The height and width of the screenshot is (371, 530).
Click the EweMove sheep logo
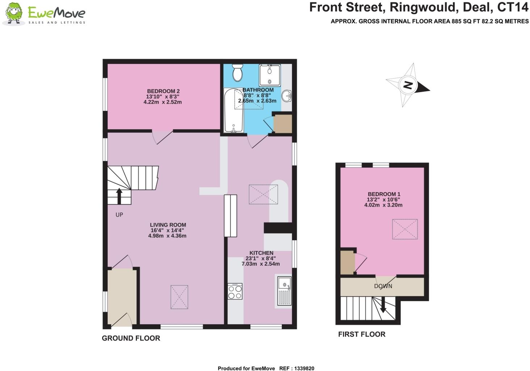(x=14, y=14)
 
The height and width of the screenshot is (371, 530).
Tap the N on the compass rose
(x=408, y=86)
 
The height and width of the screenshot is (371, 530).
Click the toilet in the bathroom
(x=238, y=72)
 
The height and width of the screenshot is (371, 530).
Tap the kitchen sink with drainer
(x=284, y=291)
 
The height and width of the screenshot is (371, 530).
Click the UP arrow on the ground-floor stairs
(x=119, y=196)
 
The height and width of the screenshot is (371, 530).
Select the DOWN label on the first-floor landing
(x=383, y=286)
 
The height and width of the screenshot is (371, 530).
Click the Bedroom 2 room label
(x=163, y=91)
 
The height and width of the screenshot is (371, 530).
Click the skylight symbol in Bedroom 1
(x=405, y=229)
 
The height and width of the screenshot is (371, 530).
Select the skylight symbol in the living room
(x=179, y=297)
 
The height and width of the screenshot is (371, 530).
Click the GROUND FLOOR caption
(x=131, y=338)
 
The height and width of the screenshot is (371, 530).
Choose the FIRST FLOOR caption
(x=362, y=334)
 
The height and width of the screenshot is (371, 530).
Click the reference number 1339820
(x=302, y=368)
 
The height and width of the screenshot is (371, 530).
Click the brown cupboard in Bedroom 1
(x=347, y=262)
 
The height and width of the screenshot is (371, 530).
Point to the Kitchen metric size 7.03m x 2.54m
(x=260, y=264)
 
